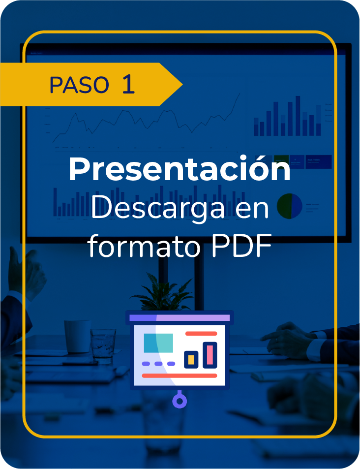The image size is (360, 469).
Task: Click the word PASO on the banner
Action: coord(79,85)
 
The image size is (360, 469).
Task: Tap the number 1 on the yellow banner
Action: coord(128,84)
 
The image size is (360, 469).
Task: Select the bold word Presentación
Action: coord(180,168)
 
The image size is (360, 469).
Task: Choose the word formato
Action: coord(144,247)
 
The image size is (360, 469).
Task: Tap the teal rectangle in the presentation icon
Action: coord(158,343)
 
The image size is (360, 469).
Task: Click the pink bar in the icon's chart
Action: coord(210,355)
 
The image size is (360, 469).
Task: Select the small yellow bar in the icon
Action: coord(191,360)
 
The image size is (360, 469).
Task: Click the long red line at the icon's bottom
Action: coord(180,375)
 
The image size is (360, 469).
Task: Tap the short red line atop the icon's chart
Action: coord(201,334)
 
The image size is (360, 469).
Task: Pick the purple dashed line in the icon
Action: coord(158,364)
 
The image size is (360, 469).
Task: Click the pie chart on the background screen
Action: coord(290,206)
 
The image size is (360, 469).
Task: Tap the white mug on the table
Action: coord(77,337)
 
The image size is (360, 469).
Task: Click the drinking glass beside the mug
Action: coord(103,346)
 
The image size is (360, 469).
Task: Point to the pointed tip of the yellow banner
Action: coord(182,85)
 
